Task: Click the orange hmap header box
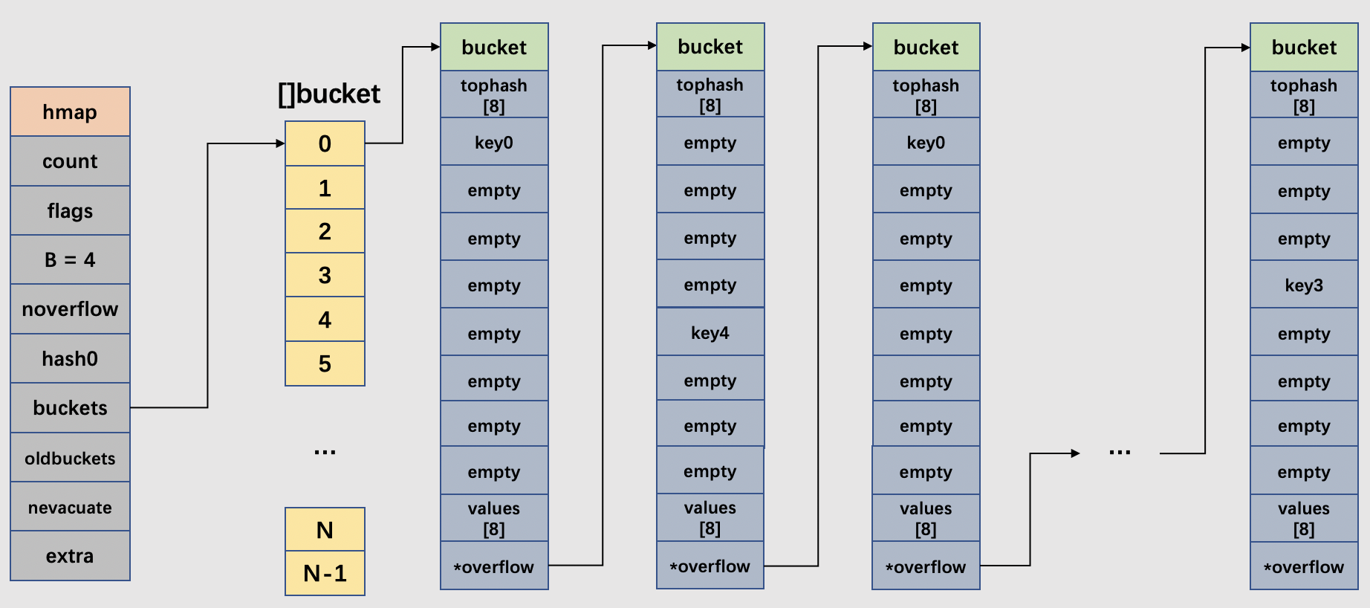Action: [x=70, y=111]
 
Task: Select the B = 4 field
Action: [x=70, y=259]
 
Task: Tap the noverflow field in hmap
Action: [x=70, y=308]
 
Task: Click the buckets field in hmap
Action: [x=70, y=407]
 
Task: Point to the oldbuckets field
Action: [x=70, y=458]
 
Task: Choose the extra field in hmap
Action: [x=70, y=556]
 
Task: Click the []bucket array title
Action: [x=328, y=94]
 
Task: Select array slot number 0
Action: [x=325, y=143]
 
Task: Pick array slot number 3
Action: [x=325, y=275]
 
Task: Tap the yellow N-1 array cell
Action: [x=325, y=573]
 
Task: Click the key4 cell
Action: [x=710, y=332]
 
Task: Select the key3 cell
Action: [x=1303, y=285]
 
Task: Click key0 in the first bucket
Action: [x=494, y=142]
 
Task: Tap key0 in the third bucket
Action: [x=926, y=142]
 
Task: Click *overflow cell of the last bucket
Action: [x=1303, y=566]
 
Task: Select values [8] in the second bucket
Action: [x=710, y=517]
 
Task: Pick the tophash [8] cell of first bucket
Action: [x=494, y=94]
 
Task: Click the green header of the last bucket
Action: [x=1303, y=47]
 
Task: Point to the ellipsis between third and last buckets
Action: [x=1119, y=452]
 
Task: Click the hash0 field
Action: [x=70, y=358]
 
